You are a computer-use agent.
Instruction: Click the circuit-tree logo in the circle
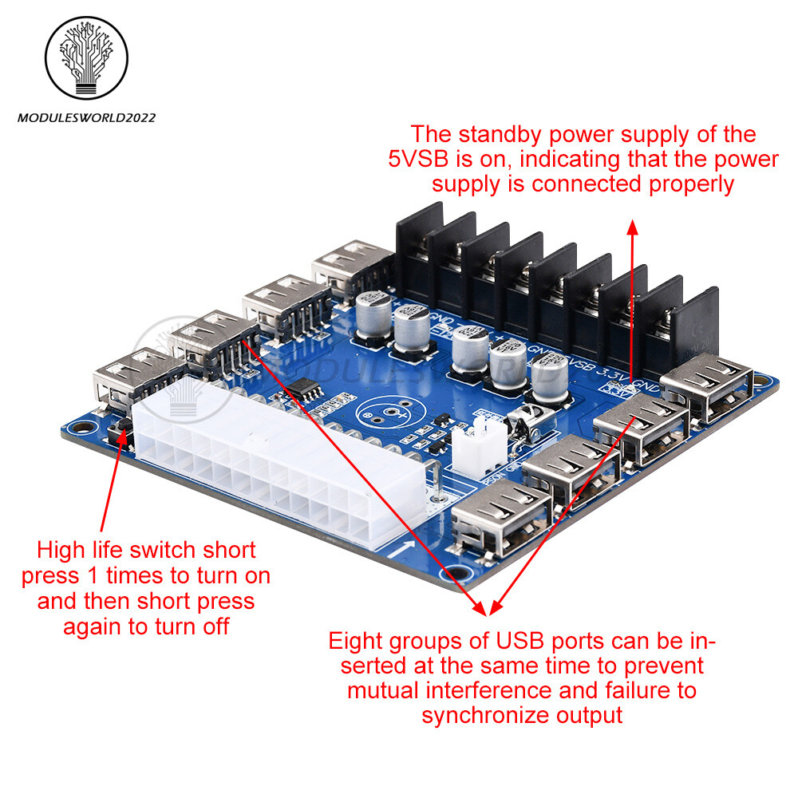[85, 60]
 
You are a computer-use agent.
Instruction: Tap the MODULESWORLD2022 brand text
[86, 118]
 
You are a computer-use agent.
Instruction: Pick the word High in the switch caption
[65, 550]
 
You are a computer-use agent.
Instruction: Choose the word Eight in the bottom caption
[361, 641]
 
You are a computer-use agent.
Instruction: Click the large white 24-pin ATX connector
[275, 471]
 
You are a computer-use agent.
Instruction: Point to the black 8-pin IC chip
[303, 390]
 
